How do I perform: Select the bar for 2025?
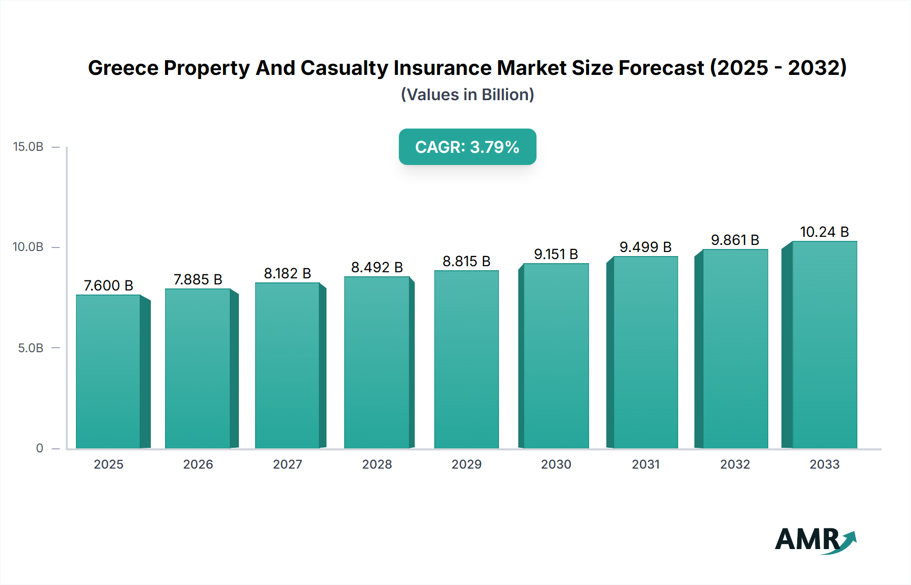[x=108, y=372]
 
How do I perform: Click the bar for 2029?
[x=466, y=360]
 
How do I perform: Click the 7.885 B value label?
[x=198, y=279]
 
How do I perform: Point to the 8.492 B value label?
[x=377, y=267]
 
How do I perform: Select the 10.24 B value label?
[x=824, y=232]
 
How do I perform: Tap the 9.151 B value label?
[x=556, y=254]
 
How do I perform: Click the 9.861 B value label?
[x=735, y=240]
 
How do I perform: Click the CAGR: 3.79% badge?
[x=467, y=147]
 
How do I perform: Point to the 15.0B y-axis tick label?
[x=28, y=147]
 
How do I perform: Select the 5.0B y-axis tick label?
[x=31, y=348]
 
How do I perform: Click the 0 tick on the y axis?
[x=39, y=448]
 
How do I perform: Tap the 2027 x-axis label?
[x=287, y=465]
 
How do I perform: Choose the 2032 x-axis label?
[x=735, y=465]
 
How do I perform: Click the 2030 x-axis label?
[x=556, y=465]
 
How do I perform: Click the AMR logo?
[x=815, y=540]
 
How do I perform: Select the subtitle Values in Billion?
[x=467, y=95]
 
